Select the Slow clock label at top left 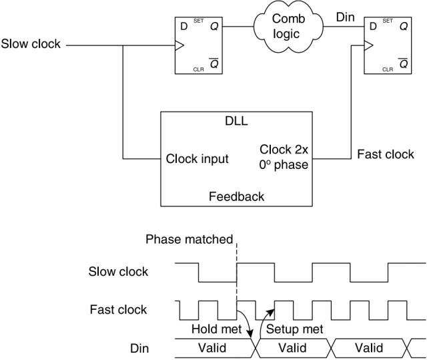click(x=31, y=45)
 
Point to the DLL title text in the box click(x=237, y=121)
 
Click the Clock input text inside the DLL click(x=197, y=159)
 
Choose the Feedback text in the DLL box click(x=236, y=196)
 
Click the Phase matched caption click(x=189, y=240)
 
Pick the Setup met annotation click(x=294, y=329)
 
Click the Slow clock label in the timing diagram click(x=118, y=272)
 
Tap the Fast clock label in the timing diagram click(x=118, y=310)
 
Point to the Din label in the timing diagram click(x=139, y=349)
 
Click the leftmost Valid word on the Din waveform click(x=212, y=348)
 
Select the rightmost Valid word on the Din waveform click(x=369, y=348)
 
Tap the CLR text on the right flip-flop click(x=388, y=69)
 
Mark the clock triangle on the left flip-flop click(x=179, y=46)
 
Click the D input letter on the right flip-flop click(x=373, y=27)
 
